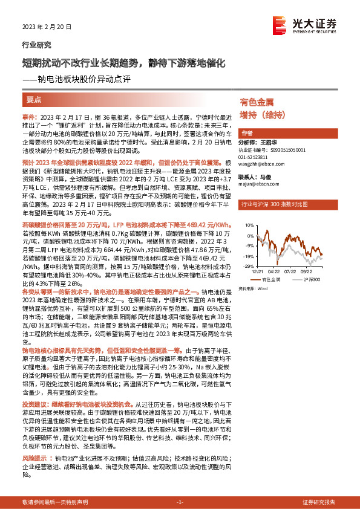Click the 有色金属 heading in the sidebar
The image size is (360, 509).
click(x=257, y=103)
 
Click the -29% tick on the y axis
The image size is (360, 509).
click(x=249, y=265)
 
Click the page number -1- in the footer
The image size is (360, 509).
click(x=179, y=502)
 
